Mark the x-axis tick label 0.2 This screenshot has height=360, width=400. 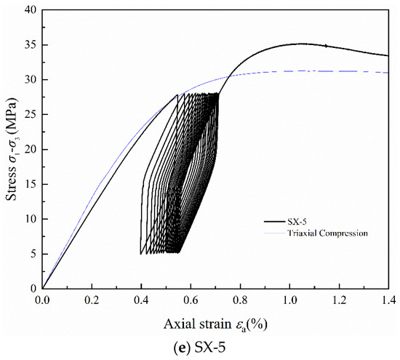(x=92, y=299)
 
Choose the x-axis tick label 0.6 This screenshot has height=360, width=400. (x=191, y=299)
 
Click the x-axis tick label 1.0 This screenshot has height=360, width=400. (x=289, y=299)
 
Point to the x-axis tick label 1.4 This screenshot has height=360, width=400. (x=388, y=299)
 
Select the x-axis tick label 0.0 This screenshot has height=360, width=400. (x=42, y=299)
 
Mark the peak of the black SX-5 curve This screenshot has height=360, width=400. (x=300, y=44)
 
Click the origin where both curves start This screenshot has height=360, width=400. (x=43, y=288)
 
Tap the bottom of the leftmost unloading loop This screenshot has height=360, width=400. (x=140, y=253)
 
